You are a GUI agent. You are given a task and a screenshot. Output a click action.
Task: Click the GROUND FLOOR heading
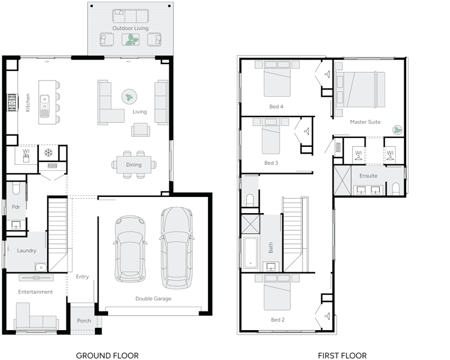[107, 355]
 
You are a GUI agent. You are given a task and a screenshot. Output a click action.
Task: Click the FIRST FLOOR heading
[342, 355]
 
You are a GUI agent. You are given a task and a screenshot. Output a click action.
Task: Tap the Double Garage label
[153, 299]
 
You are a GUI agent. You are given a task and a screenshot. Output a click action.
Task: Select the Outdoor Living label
[130, 28]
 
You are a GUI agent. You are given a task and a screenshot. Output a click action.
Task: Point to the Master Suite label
[365, 121]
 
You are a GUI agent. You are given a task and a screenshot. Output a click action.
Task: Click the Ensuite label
[368, 176]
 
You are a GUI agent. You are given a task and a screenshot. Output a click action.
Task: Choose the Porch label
[84, 321]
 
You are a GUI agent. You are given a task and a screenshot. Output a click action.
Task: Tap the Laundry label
[26, 250]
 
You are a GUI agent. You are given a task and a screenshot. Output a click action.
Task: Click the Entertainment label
[35, 292]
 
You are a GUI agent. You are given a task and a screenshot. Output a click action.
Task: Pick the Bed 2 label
[277, 319]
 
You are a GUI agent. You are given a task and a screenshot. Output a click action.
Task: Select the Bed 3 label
[271, 163]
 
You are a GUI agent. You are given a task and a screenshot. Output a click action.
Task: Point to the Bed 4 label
[276, 106]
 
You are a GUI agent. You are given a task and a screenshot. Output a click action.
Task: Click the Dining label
[134, 165]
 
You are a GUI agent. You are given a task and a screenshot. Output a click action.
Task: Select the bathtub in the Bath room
[250, 252]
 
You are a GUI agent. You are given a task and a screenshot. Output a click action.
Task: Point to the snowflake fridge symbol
[49, 152]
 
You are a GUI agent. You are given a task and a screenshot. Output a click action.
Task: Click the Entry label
[82, 276]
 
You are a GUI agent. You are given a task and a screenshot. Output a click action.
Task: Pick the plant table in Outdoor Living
[130, 39]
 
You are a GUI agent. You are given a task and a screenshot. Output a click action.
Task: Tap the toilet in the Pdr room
[15, 187]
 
